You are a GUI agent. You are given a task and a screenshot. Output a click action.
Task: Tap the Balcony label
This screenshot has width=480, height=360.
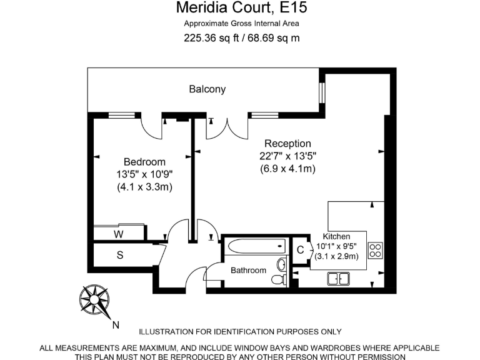(207, 89)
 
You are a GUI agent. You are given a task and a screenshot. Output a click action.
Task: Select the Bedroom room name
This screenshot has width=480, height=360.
(144, 162)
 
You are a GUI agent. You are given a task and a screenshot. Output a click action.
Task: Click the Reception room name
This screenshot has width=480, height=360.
(287, 144)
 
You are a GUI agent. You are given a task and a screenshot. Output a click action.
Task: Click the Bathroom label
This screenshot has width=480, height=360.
(248, 271)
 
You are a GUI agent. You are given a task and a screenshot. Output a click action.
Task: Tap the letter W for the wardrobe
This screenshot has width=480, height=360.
(118, 234)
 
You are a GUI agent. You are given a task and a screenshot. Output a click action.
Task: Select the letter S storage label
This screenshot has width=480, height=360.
(120, 255)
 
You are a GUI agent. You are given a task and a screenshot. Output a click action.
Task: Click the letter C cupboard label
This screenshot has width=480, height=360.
(300, 250)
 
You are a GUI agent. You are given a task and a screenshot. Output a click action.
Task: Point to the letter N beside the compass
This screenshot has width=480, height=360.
(115, 325)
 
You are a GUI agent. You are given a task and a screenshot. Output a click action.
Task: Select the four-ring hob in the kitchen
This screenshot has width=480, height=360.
(375, 251)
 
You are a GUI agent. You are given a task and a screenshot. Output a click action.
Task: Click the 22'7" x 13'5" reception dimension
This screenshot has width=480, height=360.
(287, 156)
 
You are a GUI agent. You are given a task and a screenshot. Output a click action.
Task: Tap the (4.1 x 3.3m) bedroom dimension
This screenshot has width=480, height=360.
(144, 187)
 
